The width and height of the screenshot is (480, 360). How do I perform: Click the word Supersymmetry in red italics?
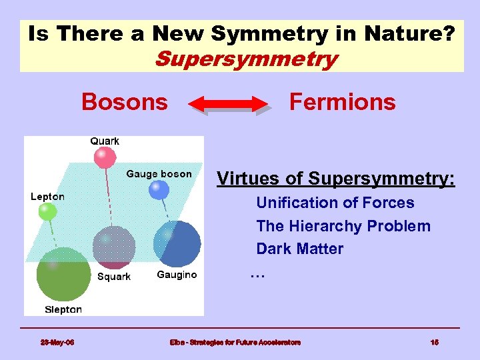(x=245, y=59)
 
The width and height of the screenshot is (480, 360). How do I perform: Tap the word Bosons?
(x=125, y=102)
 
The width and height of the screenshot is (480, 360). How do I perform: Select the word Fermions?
(x=342, y=102)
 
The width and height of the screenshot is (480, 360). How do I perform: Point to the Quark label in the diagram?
(x=105, y=141)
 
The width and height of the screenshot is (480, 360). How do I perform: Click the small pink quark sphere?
(x=104, y=158)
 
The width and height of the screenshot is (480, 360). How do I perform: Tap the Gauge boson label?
(x=159, y=174)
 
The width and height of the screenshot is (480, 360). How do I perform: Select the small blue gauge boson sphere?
(x=159, y=191)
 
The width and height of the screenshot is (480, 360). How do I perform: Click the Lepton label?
(x=47, y=196)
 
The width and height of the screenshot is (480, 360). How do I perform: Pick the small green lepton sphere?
(x=47, y=212)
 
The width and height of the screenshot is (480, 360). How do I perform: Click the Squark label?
(x=114, y=277)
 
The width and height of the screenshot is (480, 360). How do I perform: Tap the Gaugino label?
(x=177, y=275)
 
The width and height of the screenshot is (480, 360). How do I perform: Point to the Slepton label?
(x=63, y=309)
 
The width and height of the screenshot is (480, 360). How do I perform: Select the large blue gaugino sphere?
(x=177, y=243)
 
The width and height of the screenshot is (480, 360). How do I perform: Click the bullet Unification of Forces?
(x=335, y=203)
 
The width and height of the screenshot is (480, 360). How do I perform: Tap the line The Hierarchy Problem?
(x=343, y=226)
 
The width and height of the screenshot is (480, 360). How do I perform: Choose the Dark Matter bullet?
(x=300, y=249)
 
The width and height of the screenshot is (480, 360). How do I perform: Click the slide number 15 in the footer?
(x=434, y=343)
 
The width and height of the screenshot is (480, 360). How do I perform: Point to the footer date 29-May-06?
(x=57, y=343)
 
